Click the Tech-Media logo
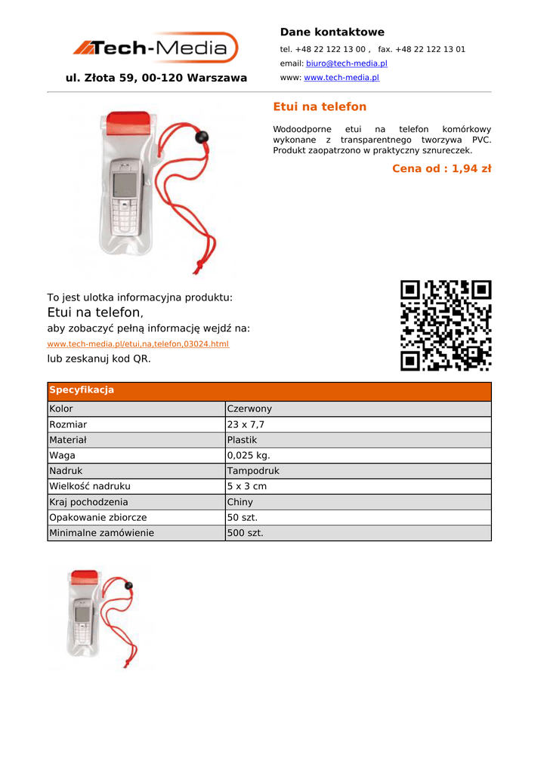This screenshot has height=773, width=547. tap(156, 48)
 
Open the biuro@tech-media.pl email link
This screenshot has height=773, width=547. tap(346, 63)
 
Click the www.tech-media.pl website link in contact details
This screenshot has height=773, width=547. tap(341, 78)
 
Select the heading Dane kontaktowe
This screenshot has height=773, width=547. tap(332, 32)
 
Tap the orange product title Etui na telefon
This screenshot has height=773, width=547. tap(319, 107)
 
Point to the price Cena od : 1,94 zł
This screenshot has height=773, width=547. tap(441, 168)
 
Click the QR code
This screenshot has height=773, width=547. tap(446, 325)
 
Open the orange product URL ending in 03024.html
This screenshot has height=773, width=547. tap(138, 344)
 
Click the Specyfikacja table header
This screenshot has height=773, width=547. tap(82, 390)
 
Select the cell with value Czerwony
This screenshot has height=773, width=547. tap(249, 409)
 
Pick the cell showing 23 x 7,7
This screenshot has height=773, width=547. tap(246, 425)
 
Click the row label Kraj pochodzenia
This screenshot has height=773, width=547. tap(88, 502)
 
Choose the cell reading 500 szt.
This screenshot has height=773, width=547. tap(246, 533)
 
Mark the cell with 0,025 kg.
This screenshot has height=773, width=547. tap(249, 456)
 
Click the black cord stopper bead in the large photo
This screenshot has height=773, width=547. tap(202, 137)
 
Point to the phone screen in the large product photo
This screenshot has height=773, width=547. tap(124, 183)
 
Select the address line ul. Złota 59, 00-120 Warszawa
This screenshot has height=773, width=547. tap(156, 79)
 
